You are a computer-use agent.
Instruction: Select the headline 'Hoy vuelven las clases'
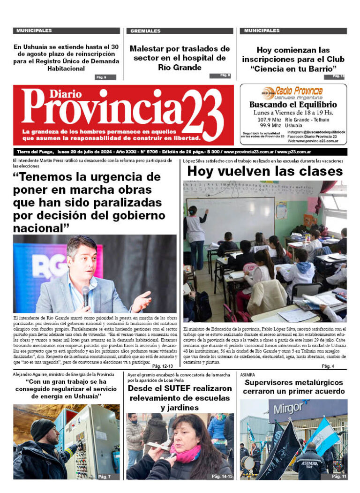264,172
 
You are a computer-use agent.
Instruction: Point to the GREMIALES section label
145,31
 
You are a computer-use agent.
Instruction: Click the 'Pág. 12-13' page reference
163,366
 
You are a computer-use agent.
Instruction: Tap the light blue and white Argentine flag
322,436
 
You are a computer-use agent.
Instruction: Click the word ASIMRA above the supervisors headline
247,375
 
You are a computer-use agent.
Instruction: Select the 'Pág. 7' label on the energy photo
104,477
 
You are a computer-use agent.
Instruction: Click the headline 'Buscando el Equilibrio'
293,105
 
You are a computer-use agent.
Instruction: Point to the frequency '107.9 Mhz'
270,120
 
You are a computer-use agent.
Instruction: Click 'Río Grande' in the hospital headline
180,68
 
